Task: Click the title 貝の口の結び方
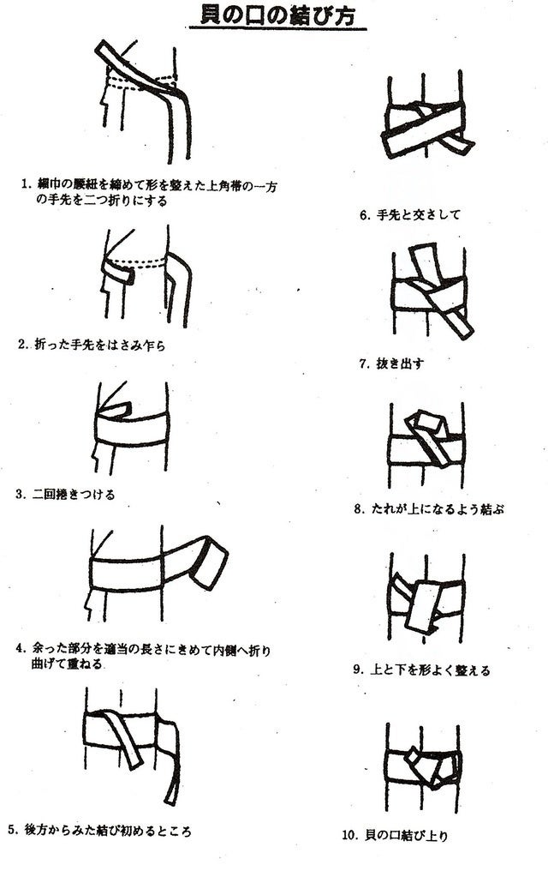277,15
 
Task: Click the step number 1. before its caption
25,183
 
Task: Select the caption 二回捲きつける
74,495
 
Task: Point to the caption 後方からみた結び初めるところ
108,831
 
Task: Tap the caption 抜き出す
400,363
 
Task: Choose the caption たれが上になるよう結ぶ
438,509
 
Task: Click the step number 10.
349,836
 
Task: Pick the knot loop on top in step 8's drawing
426,425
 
